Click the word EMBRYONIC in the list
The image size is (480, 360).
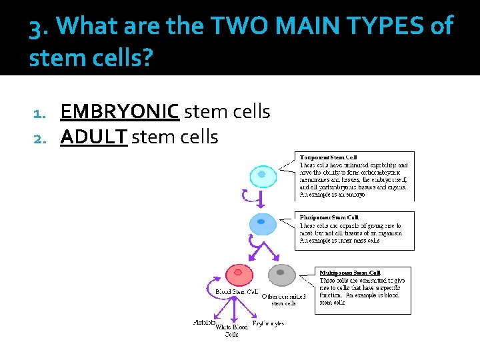click(119, 111)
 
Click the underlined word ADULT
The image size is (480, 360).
click(93, 137)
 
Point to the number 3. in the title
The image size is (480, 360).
click(39, 28)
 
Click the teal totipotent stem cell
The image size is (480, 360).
click(262, 175)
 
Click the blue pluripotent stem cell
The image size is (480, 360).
click(261, 222)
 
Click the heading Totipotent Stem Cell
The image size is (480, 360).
click(328, 157)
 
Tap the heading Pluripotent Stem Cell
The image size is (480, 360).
click(329, 217)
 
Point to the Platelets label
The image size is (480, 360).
click(204, 323)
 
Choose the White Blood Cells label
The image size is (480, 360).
click(231, 331)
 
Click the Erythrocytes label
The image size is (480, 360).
click(268, 323)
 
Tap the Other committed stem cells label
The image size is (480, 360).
click(283, 299)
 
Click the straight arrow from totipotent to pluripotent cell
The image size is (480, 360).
click(261, 198)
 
